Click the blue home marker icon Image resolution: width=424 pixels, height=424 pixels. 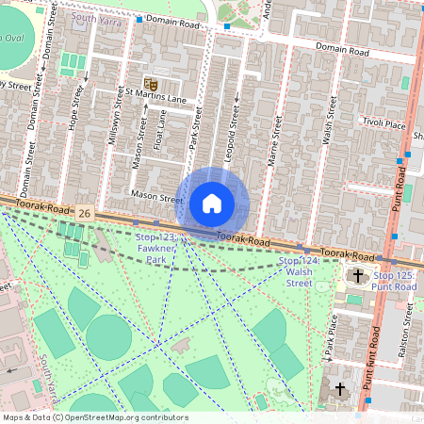tap(212, 203)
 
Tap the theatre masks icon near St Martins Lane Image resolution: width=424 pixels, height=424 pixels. tap(149, 85)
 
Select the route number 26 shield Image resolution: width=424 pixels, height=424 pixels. tap(85, 215)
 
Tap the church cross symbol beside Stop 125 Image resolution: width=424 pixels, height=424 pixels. tap(357, 276)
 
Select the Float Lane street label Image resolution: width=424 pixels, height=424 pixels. tap(160, 131)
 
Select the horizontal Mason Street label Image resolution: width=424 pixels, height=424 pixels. tap(156, 199)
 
